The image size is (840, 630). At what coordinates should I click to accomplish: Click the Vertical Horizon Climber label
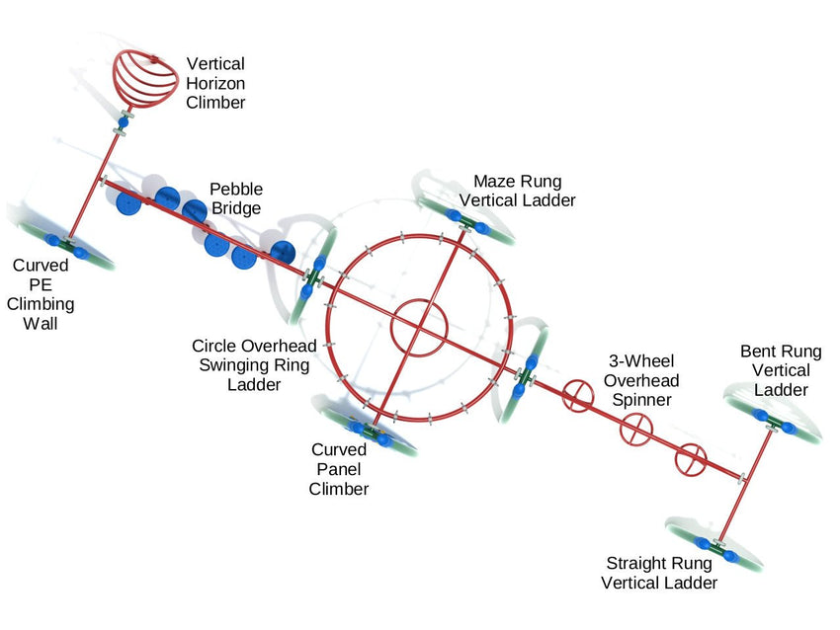click(x=217, y=83)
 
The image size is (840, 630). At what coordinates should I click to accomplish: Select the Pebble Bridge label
click(x=235, y=198)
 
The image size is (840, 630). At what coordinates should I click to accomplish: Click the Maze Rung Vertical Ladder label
click(x=518, y=191)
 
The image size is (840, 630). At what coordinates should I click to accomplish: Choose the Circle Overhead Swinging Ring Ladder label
click(x=254, y=365)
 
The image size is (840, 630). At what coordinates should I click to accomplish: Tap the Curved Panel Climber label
click(x=339, y=469)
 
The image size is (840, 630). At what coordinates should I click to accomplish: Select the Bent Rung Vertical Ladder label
click(x=781, y=370)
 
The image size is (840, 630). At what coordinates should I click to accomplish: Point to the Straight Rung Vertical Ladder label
click(x=660, y=573)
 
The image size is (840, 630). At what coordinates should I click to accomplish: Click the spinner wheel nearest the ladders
click(x=693, y=458)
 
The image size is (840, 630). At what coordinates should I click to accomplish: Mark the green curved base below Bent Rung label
click(x=776, y=424)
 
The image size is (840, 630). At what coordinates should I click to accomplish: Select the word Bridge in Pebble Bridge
click(x=235, y=208)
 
